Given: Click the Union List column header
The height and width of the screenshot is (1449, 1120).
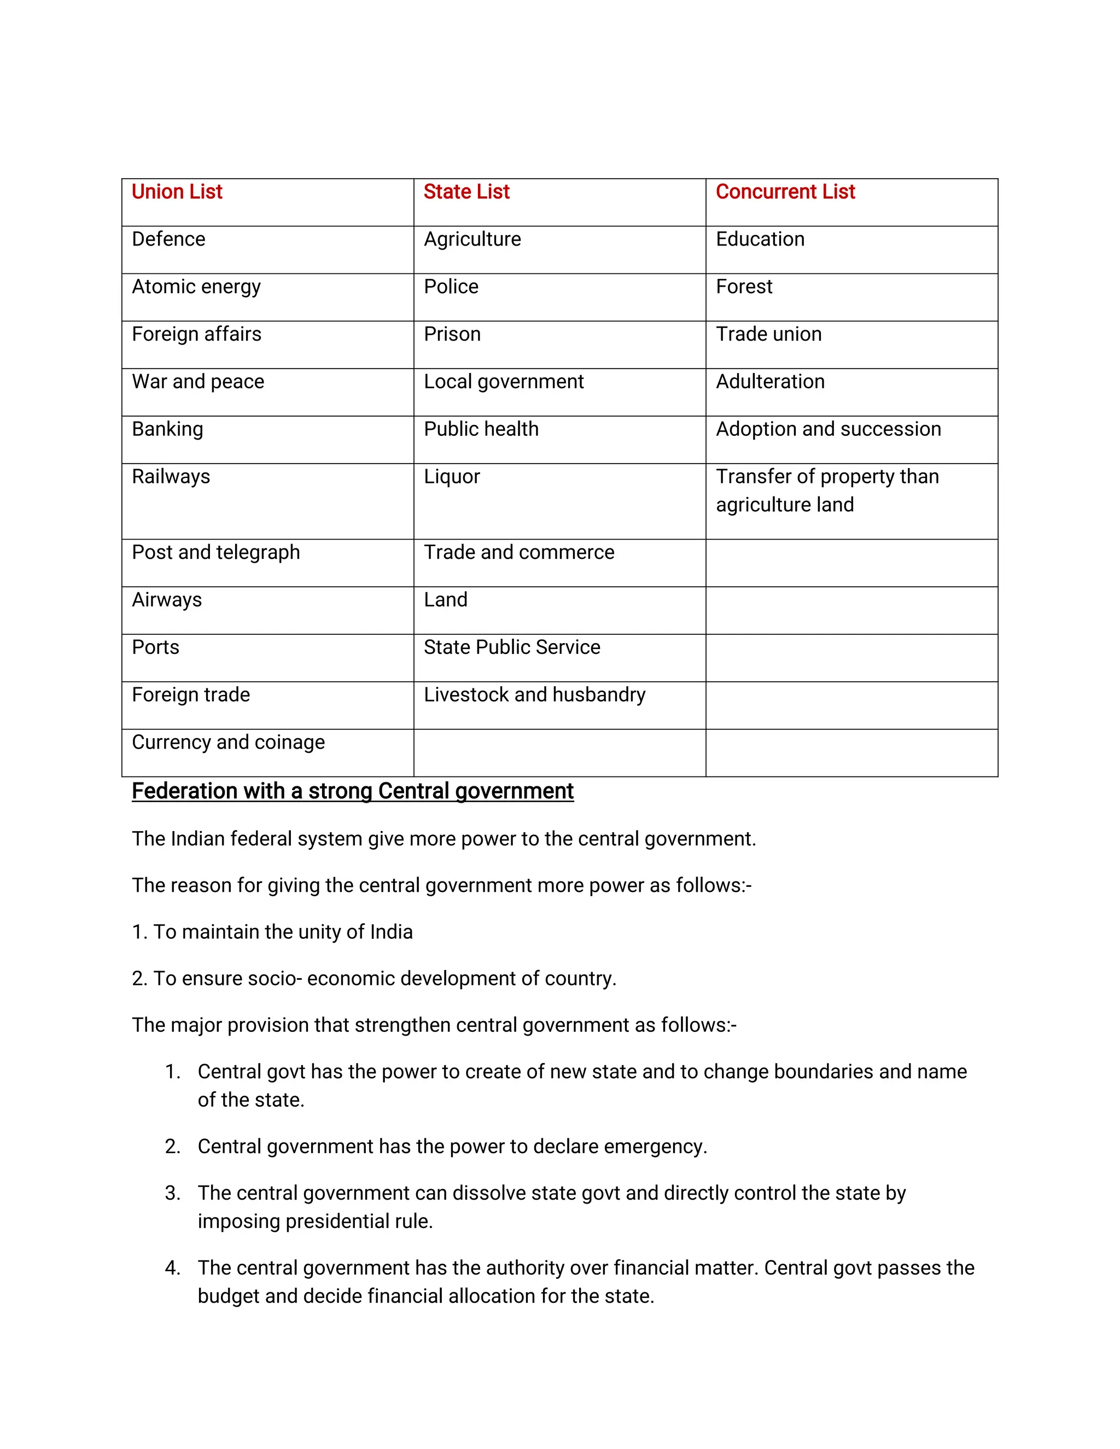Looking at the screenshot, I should click(x=177, y=192).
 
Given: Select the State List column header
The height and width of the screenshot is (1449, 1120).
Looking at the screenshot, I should click(x=466, y=192).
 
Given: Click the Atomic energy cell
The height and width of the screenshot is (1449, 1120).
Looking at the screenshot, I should click(x=196, y=287).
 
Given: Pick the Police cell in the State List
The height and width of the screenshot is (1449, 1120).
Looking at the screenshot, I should click(x=451, y=287).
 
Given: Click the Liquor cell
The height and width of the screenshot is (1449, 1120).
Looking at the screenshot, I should click(x=451, y=477).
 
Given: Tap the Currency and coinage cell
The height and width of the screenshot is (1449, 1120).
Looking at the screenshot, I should click(x=228, y=743).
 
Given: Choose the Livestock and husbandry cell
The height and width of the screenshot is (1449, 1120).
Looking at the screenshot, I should click(x=534, y=694).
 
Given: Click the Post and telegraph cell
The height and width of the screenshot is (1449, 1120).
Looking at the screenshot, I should click(x=215, y=553).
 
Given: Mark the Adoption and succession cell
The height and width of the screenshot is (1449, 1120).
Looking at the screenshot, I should click(x=828, y=429).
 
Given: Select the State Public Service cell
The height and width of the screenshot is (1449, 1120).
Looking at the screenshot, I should click(x=511, y=647).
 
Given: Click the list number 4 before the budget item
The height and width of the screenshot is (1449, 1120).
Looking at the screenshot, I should click(x=172, y=1268).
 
